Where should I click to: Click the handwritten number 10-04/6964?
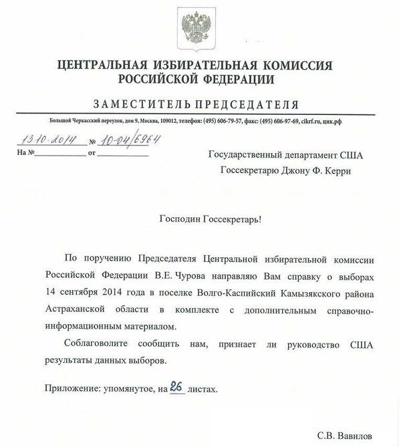tap(133, 140)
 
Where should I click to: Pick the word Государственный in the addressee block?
tap(241, 156)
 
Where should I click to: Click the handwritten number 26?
tap(177, 386)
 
